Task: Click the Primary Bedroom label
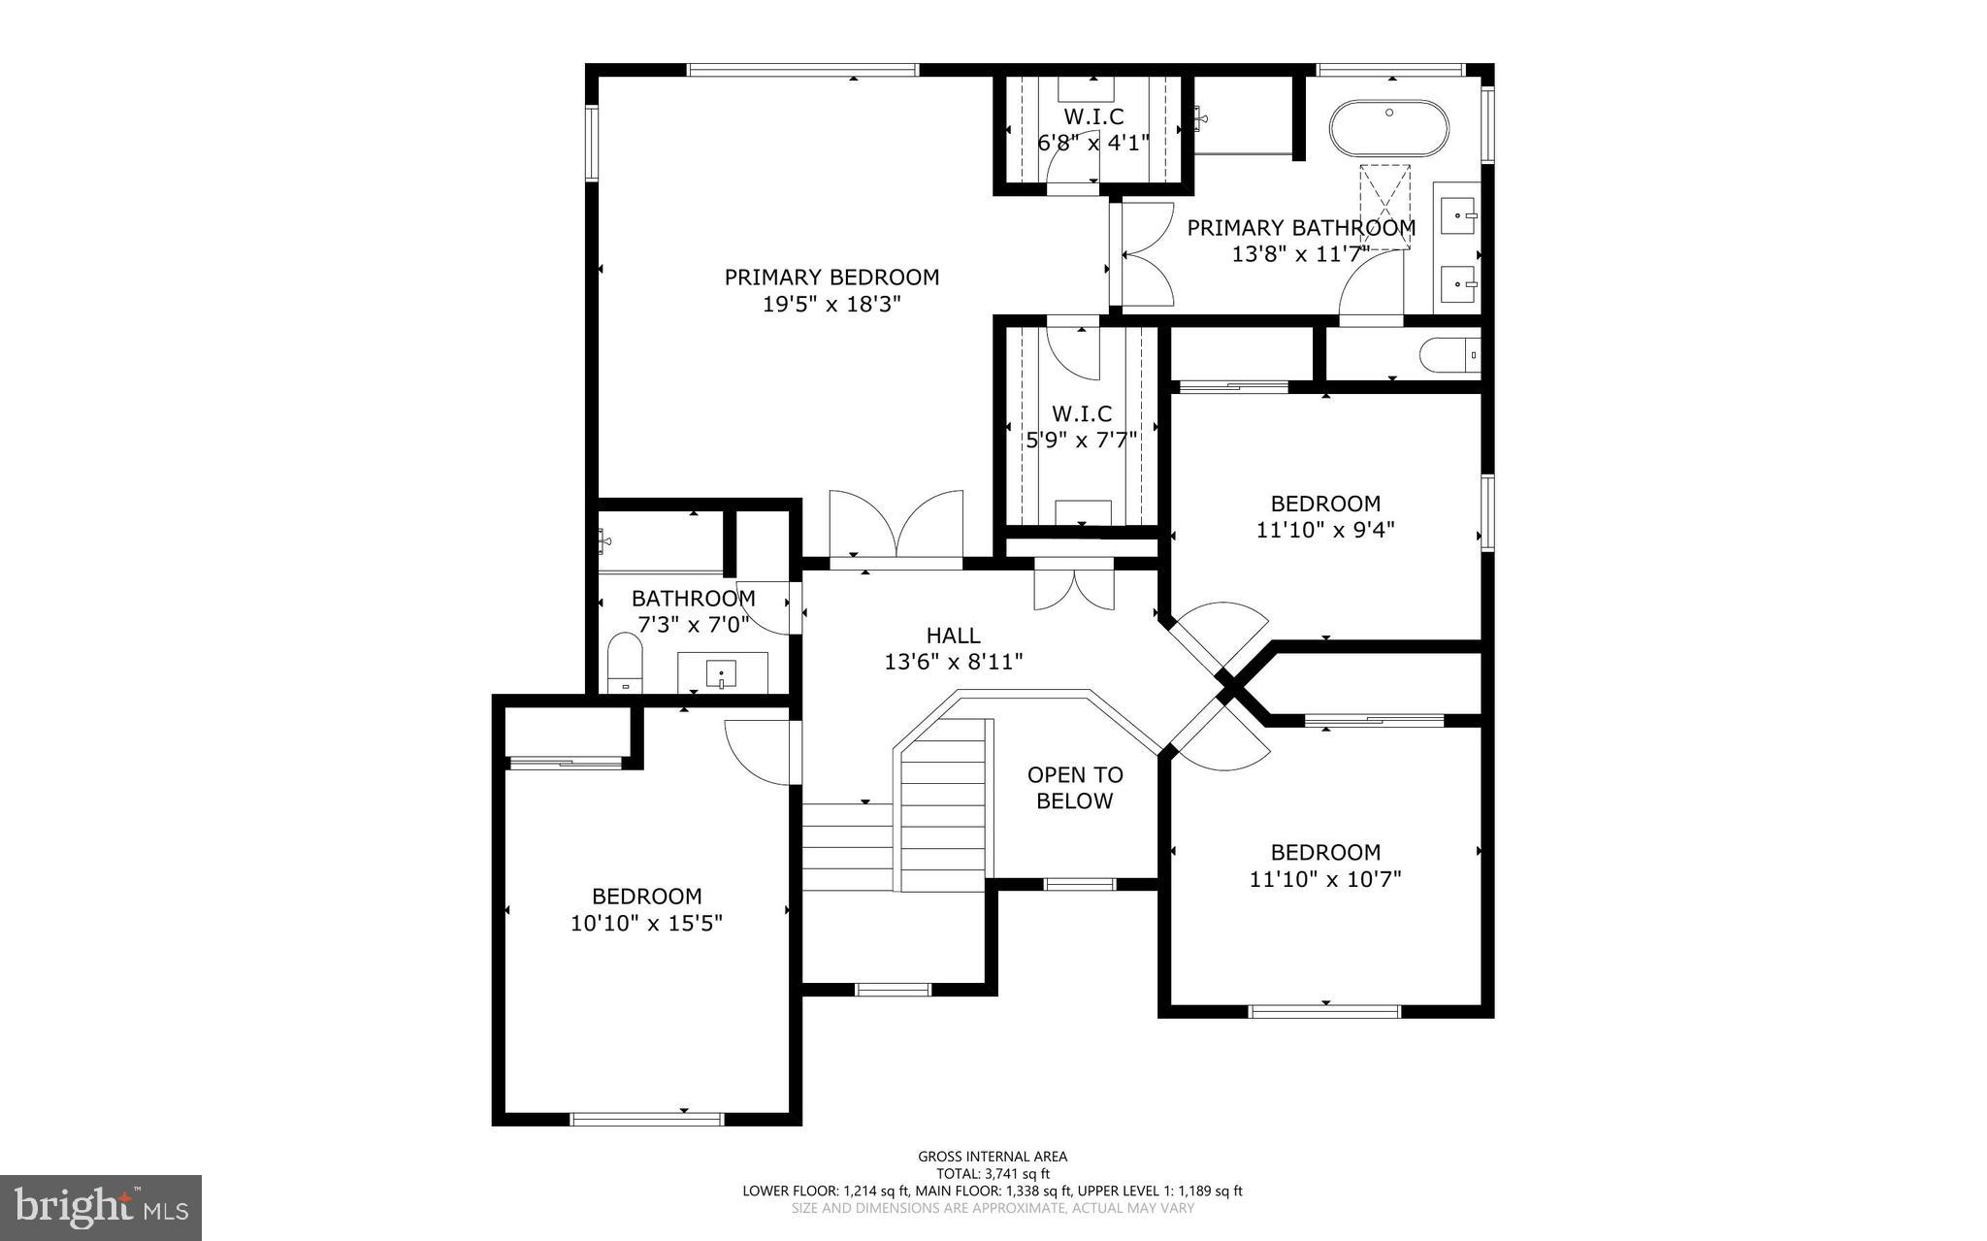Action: pos(831,278)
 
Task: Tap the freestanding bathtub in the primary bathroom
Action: pos(1388,128)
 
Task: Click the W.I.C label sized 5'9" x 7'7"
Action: pos(1082,414)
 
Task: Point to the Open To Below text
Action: pos(1075,788)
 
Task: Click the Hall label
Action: pos(953,636)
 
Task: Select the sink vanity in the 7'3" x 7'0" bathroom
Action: pos(722,671)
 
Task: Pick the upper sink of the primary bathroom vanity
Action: pos(1457,214)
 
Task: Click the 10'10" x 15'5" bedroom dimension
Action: pos(646,923)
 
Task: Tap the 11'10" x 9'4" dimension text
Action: pos(1325,531)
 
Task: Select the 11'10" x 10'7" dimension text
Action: pos(1325,880)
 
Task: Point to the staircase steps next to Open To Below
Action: pos(942,815)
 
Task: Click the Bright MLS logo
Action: pos(101,1207)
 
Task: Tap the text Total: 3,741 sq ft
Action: pos(993,1173)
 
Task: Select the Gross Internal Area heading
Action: pos(993,1156)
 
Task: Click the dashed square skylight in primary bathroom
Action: pos(1384,207)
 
